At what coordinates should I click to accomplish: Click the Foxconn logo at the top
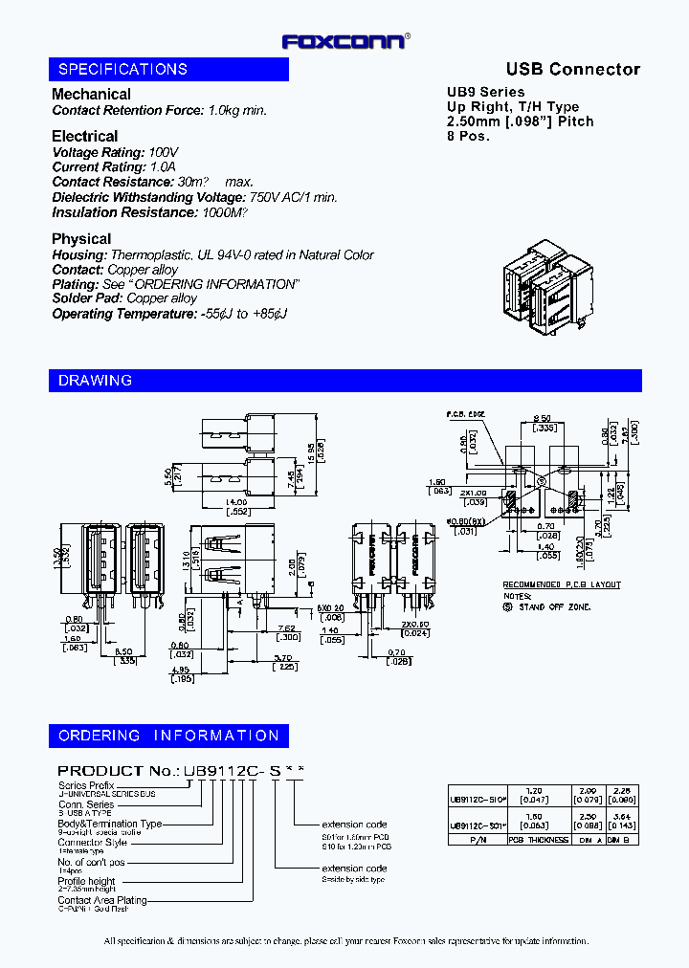pos(345,41)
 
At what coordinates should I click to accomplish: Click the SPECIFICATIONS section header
pos(122,69)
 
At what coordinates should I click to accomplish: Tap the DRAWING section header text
pos(95,381)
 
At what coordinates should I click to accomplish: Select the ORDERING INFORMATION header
pos(168,736)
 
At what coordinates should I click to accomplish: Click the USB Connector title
pos(572,69)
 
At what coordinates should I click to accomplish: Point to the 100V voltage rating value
pos(164,153)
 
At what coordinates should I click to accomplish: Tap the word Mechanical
pos(91,94)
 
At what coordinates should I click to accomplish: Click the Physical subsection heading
pos(81,239)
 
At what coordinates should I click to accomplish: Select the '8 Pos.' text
pos(469,135)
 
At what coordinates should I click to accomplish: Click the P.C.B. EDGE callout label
pos(464,414)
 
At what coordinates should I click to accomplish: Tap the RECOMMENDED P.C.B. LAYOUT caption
pos(562,584)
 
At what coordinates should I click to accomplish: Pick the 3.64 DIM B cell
pos(621,815)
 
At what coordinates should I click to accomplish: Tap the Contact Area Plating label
pos(102,900)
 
